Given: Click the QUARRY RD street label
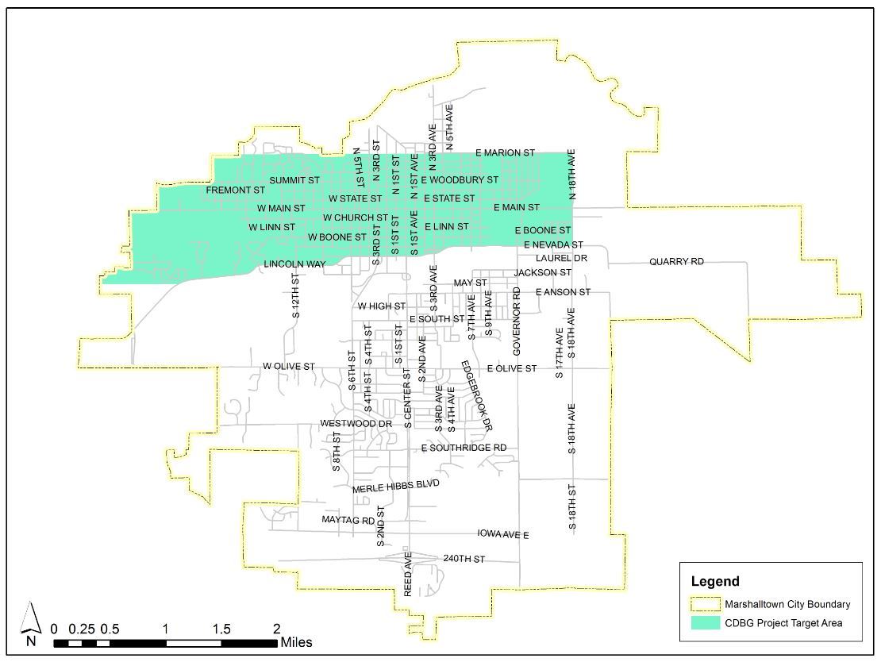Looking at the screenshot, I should coord(676,262).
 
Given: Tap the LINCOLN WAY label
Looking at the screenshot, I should coord(294,264).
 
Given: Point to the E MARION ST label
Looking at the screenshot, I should coord(505,152).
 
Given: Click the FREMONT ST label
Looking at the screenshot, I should coord(235,191).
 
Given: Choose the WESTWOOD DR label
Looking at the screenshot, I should coord(356,424).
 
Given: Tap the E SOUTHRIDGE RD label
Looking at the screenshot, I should coord(464,448).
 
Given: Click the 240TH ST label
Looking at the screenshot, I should coord(464,560).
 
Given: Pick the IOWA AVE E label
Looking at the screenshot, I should coord(503,535).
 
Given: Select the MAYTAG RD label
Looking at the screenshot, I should coord(348,521).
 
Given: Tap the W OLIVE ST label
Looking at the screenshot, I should coord(289,367).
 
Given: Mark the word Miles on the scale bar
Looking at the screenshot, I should coord(296,642).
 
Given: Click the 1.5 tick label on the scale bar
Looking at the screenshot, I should coord(221,629).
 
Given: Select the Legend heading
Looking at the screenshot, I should coord(715,581).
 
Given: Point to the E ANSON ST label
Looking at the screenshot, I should coord(563,292).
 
